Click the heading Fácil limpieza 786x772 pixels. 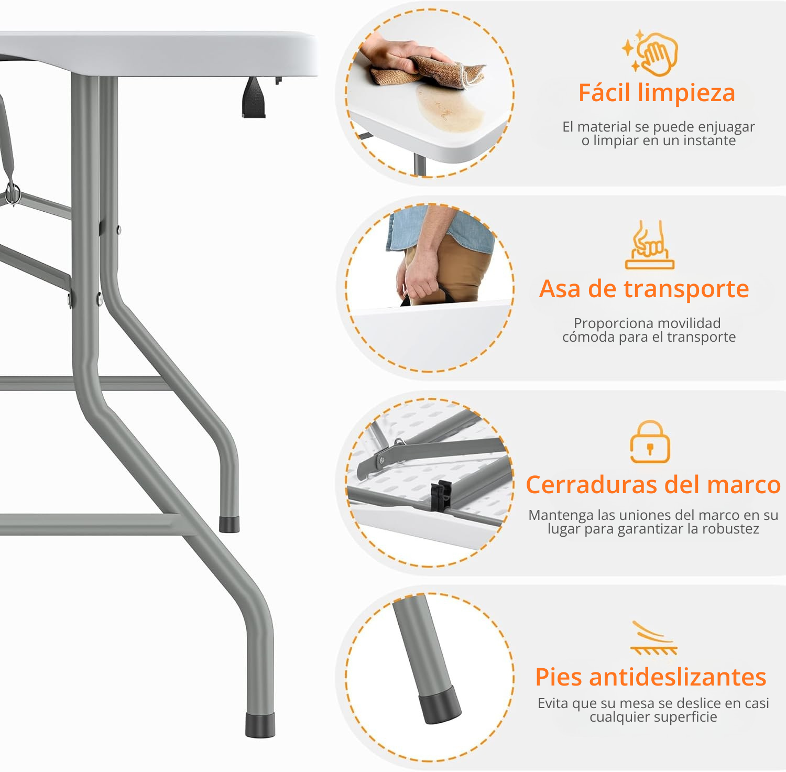pos(657,93)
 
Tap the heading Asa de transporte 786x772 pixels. pos(644,289)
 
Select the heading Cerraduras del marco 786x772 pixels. pos(653,485)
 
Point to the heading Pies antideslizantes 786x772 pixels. pos(651,677)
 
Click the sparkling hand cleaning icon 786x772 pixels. pos(650,52)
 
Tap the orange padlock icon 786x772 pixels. pos(650,442)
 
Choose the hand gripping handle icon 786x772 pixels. pos(650,245)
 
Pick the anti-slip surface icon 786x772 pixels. pos(654,638)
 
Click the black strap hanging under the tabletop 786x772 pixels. pos(254,97)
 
